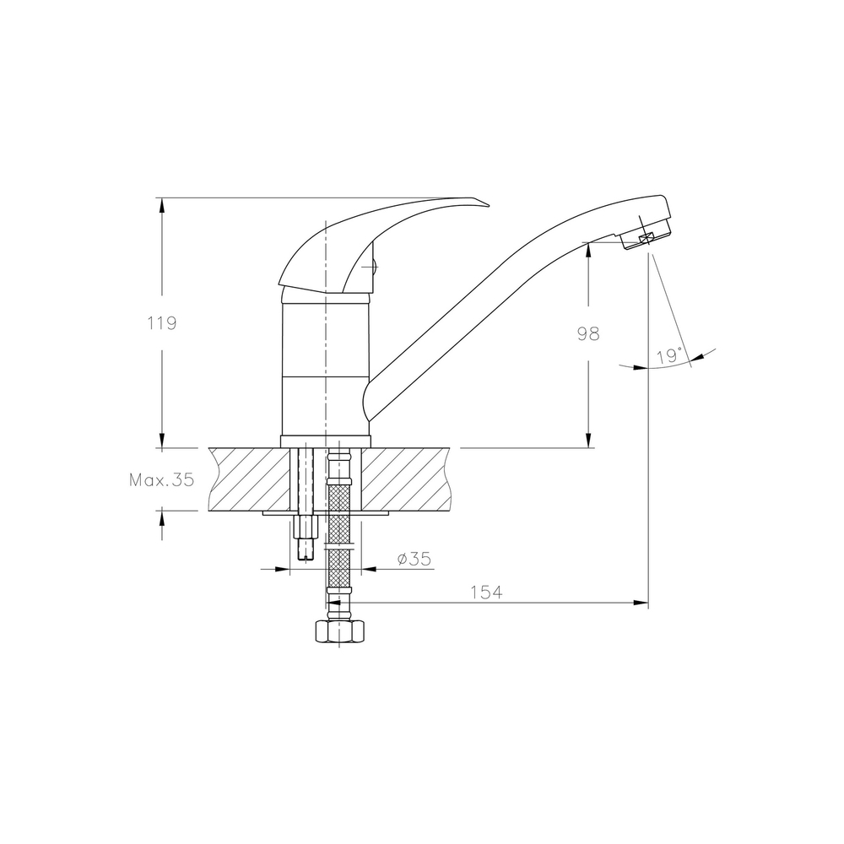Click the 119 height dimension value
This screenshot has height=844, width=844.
tap(162, 323)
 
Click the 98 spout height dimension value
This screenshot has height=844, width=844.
tap(588, 333)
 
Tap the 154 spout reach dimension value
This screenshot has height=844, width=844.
tap(487, 592)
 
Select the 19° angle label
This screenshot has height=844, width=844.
tap(669, 356)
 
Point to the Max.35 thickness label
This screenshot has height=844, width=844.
tap(161, 479)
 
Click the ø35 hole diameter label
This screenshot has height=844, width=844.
tap(414, 560)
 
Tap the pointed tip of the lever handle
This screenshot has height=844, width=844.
tap(489, 204)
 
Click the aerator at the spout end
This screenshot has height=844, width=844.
tap(646, 234)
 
